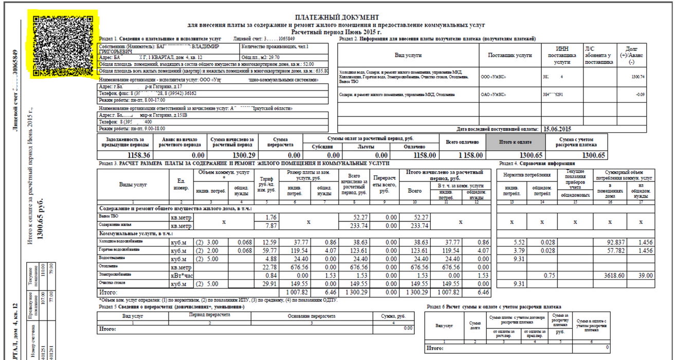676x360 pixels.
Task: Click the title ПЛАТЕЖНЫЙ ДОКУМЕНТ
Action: click(337, 18)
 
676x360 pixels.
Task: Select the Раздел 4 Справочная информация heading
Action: click(536, 163)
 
